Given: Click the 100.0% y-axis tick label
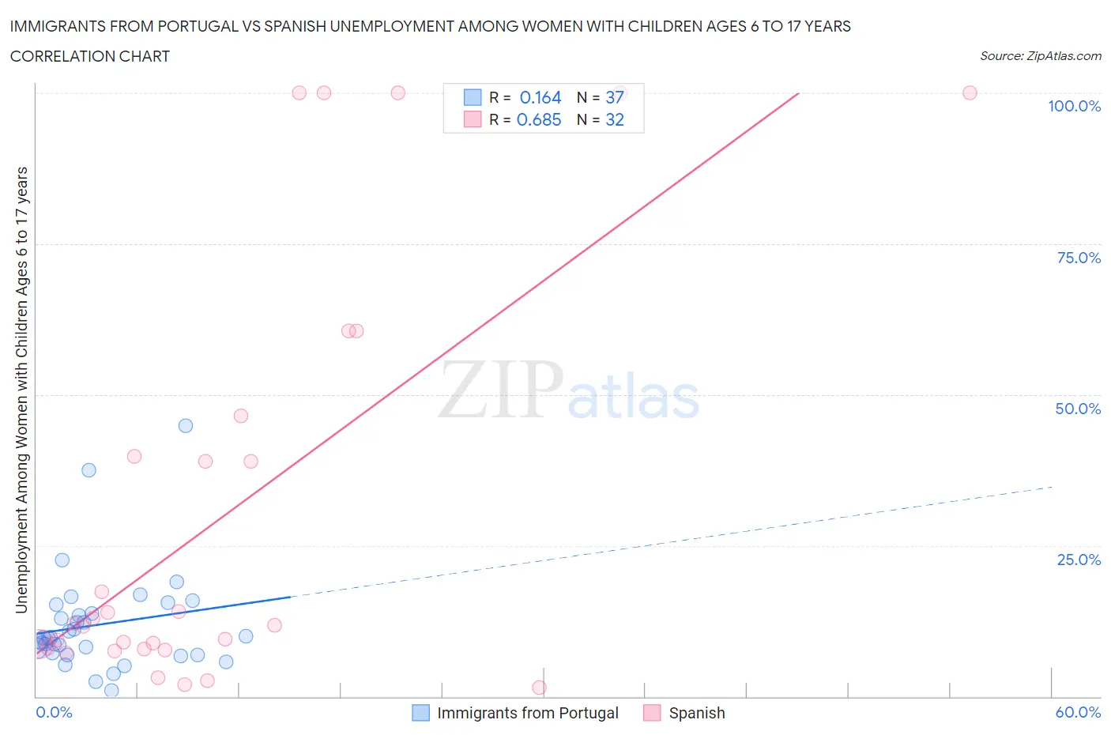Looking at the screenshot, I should click(x=1074, y=107).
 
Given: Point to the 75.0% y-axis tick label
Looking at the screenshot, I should click(x=1079, y=258).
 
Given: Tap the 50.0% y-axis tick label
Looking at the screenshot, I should click(x=1078, y=409).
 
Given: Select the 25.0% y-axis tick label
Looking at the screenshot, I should click(x=1079, y=560).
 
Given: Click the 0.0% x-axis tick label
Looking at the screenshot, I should click(x=54, y=712).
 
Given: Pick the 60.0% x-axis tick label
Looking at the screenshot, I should click(x=1078, y=712).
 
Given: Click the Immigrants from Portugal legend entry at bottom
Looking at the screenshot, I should click(x=527, y=713).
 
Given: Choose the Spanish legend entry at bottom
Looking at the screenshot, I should click(x=696, y=713).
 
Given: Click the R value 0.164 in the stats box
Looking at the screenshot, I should click(x=540, y=97).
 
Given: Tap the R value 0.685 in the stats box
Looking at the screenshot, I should click(x=539, y=119).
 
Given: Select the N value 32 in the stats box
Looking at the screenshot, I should click(x=615, y=119).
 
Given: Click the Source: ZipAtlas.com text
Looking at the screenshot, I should click(x=1040, y=56).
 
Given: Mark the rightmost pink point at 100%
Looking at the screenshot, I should click(x=970, y=92).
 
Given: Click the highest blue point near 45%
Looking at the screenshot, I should click(x=186, y=425).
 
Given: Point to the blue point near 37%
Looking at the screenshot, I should click(x=89, y=470).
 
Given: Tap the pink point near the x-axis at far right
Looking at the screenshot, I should click(x=539, y=688).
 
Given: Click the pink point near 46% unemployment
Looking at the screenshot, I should click(x=241, y=416).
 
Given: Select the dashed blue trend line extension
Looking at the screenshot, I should click(x=672, y=541).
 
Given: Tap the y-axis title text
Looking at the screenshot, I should click(x=21, y=390).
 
